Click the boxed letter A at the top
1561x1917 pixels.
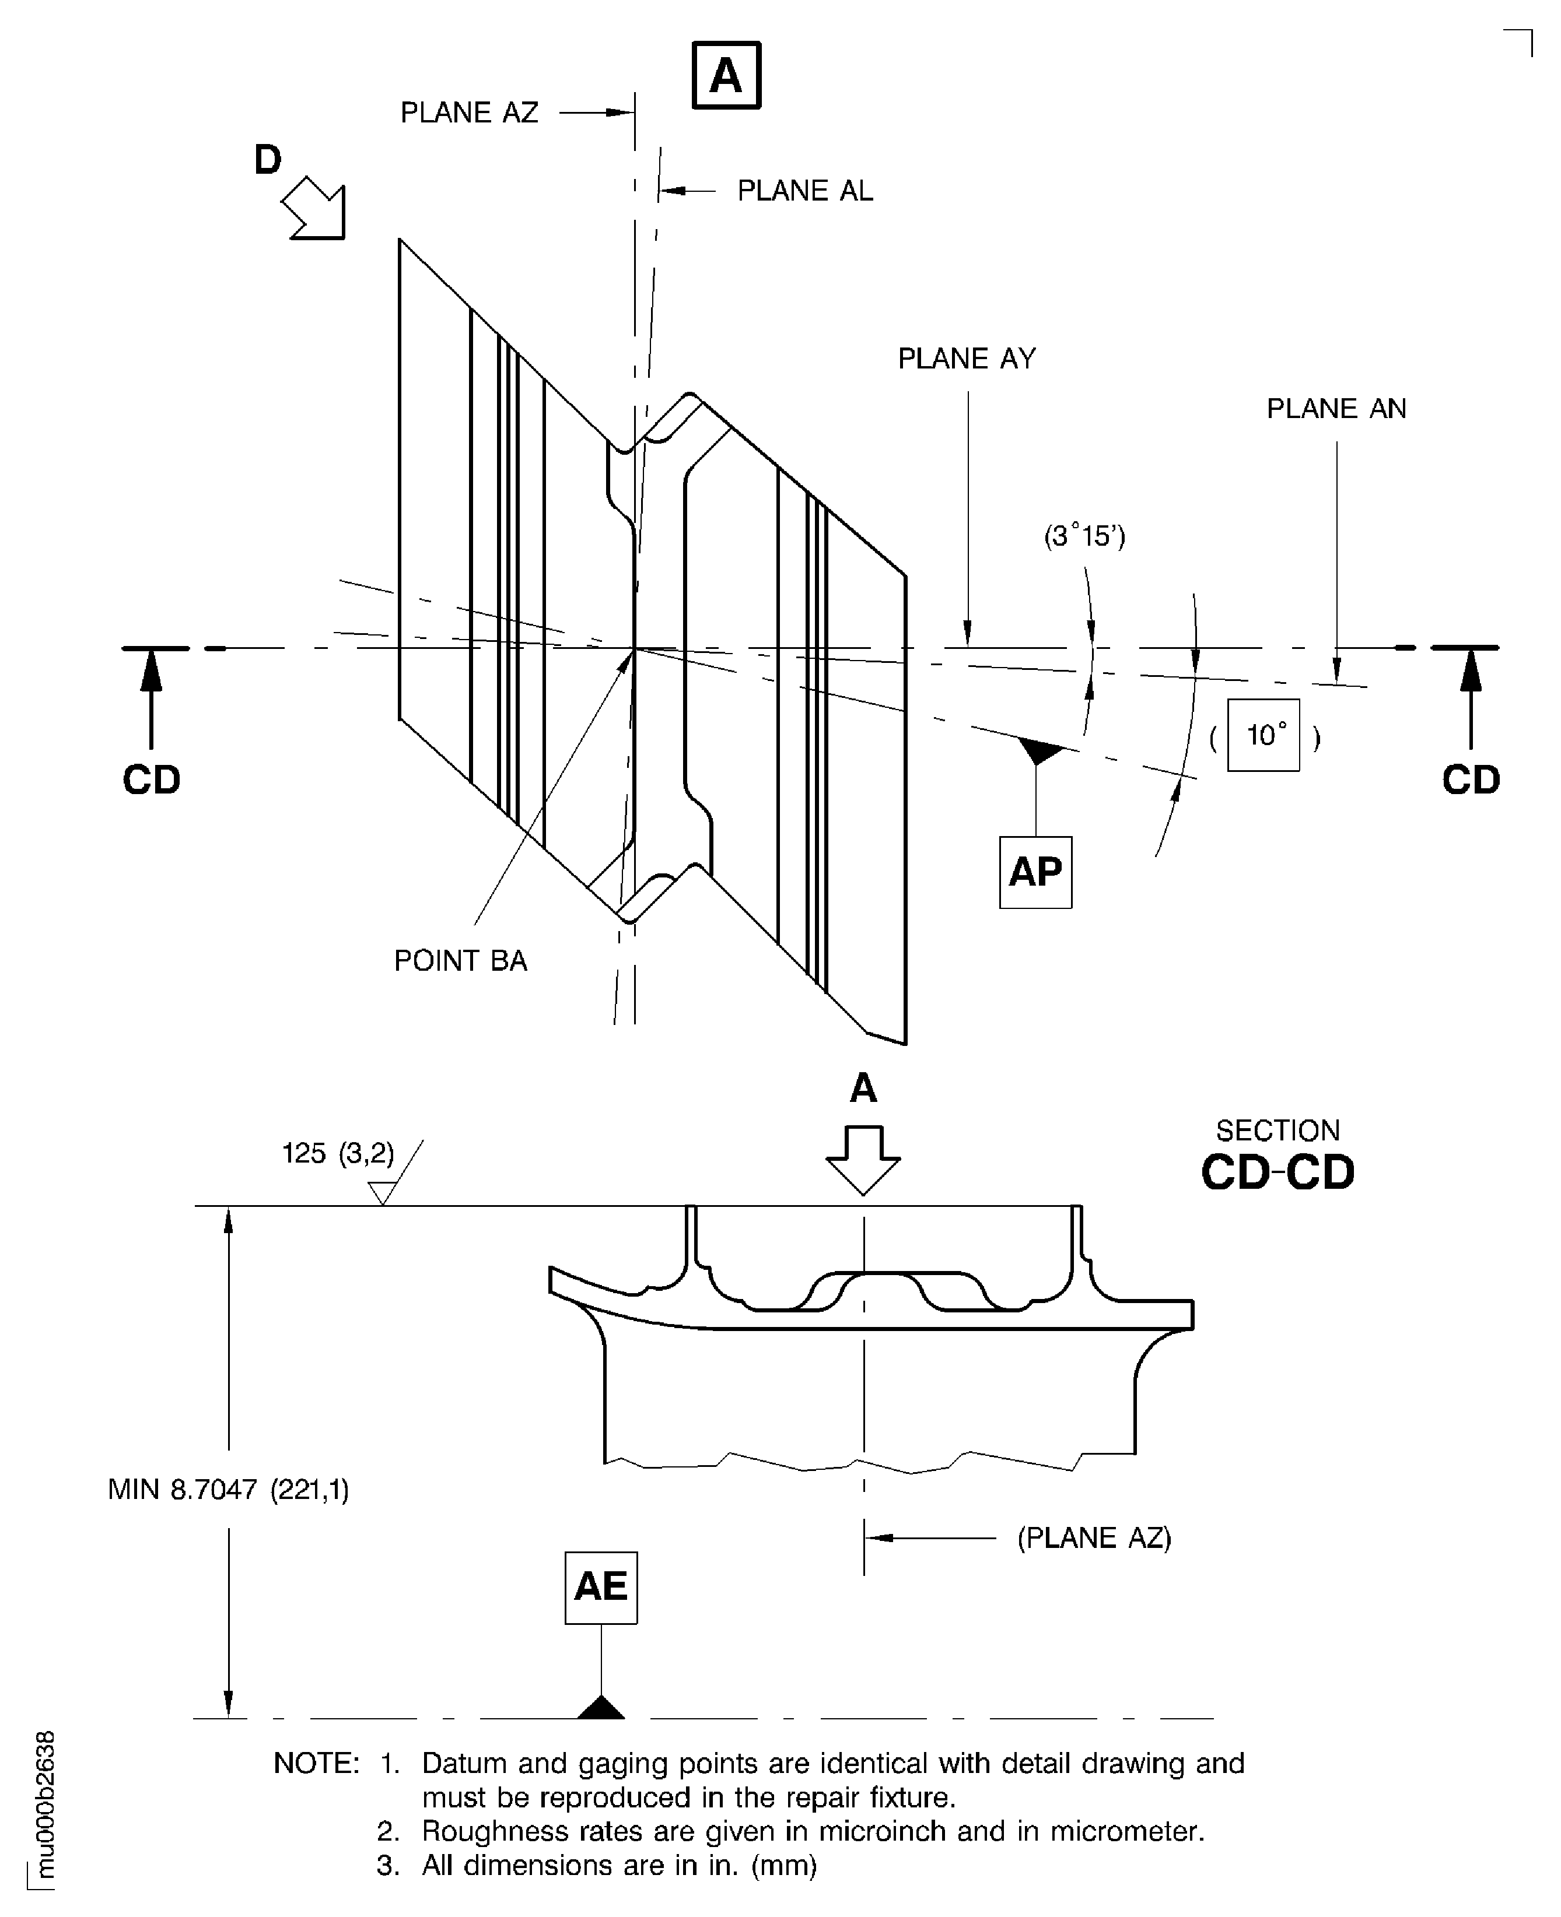[x=726, y=75]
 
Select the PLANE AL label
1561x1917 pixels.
[x=805, y=191]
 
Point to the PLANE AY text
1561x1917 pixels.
[x=967, y=359]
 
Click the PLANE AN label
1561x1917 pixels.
[x=1336, y=409]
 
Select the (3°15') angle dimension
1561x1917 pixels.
[x=1084, y=536]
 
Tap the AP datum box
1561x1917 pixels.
[x=1035, y=872]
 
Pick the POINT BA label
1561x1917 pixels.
[x=460, y=961]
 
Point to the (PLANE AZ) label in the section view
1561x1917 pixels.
[x=1094, y=1537]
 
